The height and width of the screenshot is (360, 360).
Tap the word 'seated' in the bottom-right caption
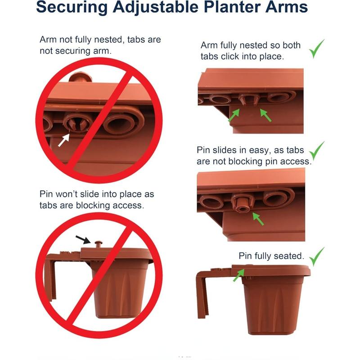coord(288,256)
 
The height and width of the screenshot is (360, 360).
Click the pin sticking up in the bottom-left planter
coord(98,244)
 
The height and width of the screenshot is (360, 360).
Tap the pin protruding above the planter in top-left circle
coord(81,77)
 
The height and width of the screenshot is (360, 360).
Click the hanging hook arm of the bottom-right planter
coord(204,292)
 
